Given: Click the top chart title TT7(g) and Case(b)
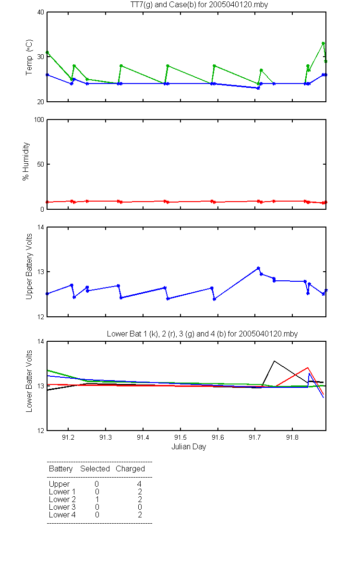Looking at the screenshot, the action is pos(199,5).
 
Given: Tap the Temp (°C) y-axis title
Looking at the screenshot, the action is pos(29,57).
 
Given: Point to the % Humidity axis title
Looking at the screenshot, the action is pos(26,161).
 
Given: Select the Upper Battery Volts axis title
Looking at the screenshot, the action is pos(29,266).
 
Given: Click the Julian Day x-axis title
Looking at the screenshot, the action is pos(189,447).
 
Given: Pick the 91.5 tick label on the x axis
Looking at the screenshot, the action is pos(180,437).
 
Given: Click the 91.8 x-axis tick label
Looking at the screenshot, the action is pos(292,437).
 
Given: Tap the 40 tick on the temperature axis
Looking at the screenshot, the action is pos(41,12).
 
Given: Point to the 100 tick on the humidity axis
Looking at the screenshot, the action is pos(39,120).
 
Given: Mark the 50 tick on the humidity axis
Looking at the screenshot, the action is pos(41,164).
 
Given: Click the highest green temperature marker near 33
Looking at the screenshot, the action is pos(323,44).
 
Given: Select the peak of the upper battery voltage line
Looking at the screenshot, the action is pos(258,268).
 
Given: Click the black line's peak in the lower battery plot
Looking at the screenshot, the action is pos(274,361).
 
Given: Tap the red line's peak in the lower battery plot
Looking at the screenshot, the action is pos(308,368).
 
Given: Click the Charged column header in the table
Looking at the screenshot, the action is pos(130,469).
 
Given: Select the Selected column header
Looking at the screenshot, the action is pos(95,469).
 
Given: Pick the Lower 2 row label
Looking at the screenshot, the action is pos(62,499).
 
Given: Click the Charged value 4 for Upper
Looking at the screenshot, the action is pos(139,484).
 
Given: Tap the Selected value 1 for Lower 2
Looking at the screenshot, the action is pos(97,499).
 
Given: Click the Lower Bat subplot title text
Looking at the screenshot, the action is pos(202,334).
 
